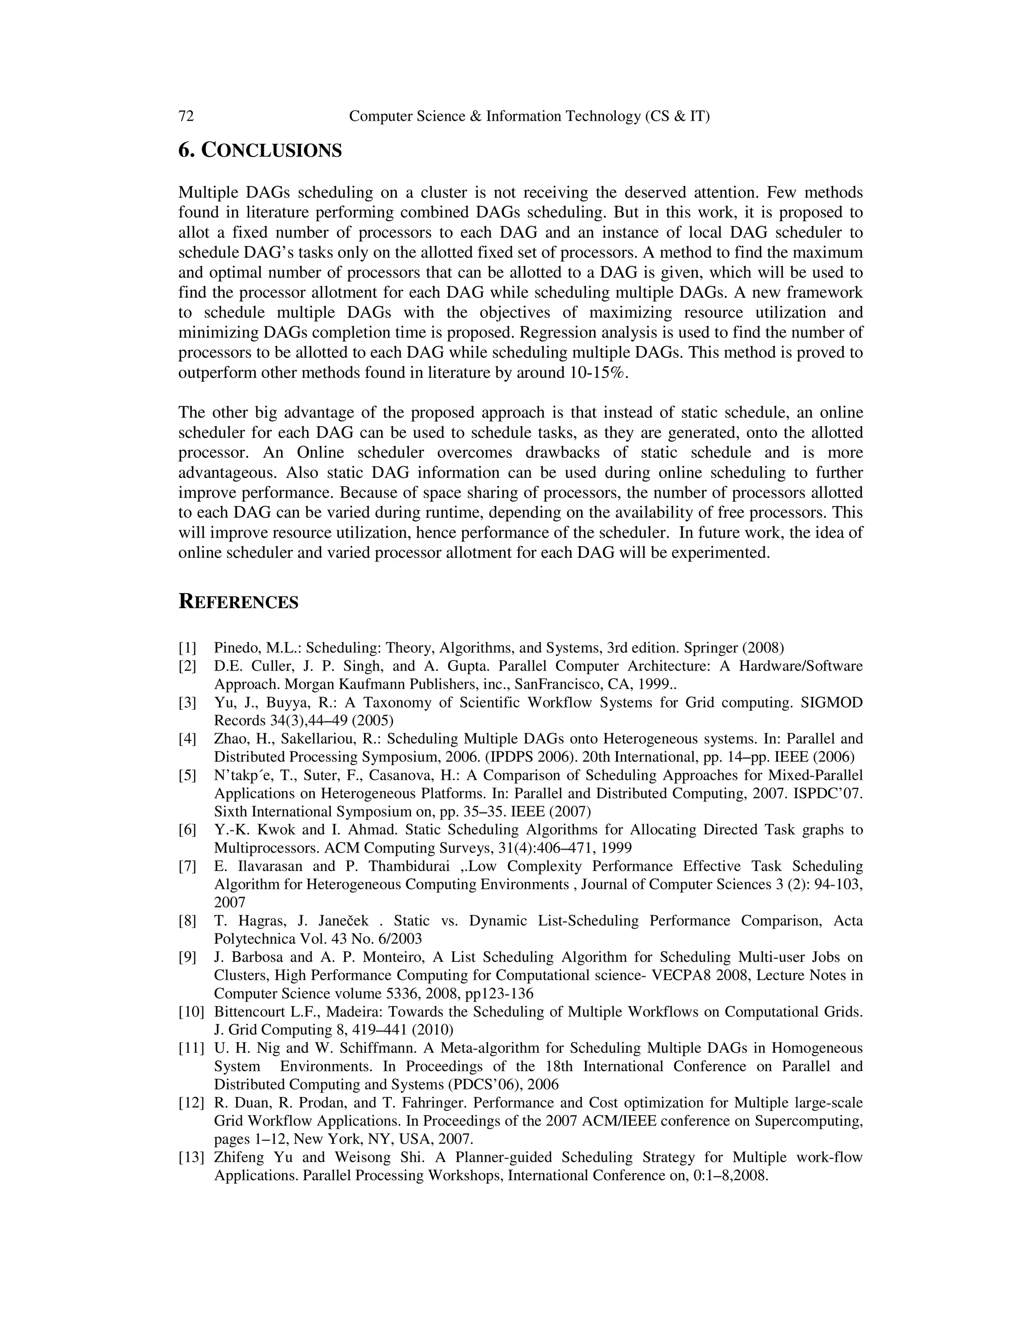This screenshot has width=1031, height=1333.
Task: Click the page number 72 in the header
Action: pos(186,116)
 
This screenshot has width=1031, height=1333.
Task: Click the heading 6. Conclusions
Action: pos(260,150)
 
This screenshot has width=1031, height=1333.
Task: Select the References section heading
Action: pos(238,603)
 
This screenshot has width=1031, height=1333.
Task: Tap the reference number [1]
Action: pos(187,647)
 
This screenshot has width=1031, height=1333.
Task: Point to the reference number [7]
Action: pos(187,866)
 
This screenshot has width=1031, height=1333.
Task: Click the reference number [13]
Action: pos(191,1157)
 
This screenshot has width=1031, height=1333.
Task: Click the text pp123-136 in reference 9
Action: pos(496,993)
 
